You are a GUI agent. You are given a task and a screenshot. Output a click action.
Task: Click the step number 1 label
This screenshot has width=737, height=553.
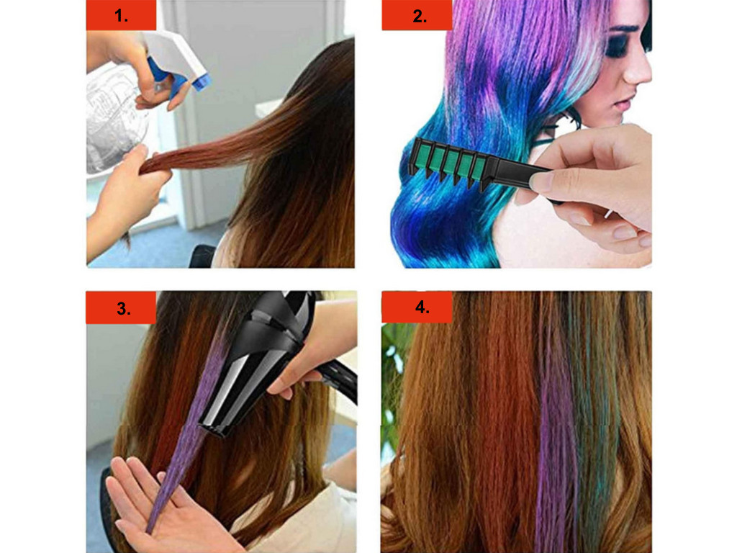click(121, 16)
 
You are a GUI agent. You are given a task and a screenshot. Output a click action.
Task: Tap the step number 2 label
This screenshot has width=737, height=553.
click(420, 16)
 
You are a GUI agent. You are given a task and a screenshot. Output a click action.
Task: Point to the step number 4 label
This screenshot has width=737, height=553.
click(422, 307)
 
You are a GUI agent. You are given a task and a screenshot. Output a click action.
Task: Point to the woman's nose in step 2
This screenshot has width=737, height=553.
click(639, 71)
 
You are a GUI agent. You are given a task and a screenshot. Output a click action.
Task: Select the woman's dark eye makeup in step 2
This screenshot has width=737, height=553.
click(620, 45)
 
